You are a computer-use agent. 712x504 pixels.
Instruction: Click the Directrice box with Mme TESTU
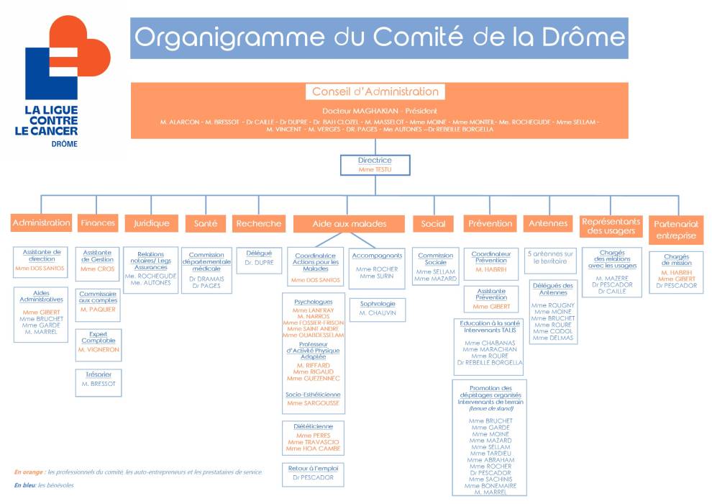click(375, 165)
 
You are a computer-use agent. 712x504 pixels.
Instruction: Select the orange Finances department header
click(98, 223)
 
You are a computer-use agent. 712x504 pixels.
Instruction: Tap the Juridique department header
click(151, 223)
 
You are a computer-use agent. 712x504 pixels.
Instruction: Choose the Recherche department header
click(258, 223)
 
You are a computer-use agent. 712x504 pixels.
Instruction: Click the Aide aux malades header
click(349, 224)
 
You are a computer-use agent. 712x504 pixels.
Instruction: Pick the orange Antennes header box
click(548, 223)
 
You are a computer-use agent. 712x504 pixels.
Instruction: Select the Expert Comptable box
click(98, 345)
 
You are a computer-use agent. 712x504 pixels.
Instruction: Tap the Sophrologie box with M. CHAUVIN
click(378, 309)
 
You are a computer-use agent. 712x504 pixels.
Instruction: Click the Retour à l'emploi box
click(313, 472)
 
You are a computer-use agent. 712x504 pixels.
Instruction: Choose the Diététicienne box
click(313, 438)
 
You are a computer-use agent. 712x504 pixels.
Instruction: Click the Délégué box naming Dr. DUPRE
click(259, 258)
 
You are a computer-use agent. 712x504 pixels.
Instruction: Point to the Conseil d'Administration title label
click(375, 91)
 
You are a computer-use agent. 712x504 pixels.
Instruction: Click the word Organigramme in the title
click(217, 37)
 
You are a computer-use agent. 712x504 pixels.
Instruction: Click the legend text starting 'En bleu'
click(43, 485)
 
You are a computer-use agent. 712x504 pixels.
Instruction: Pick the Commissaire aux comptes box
click(98, 302)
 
